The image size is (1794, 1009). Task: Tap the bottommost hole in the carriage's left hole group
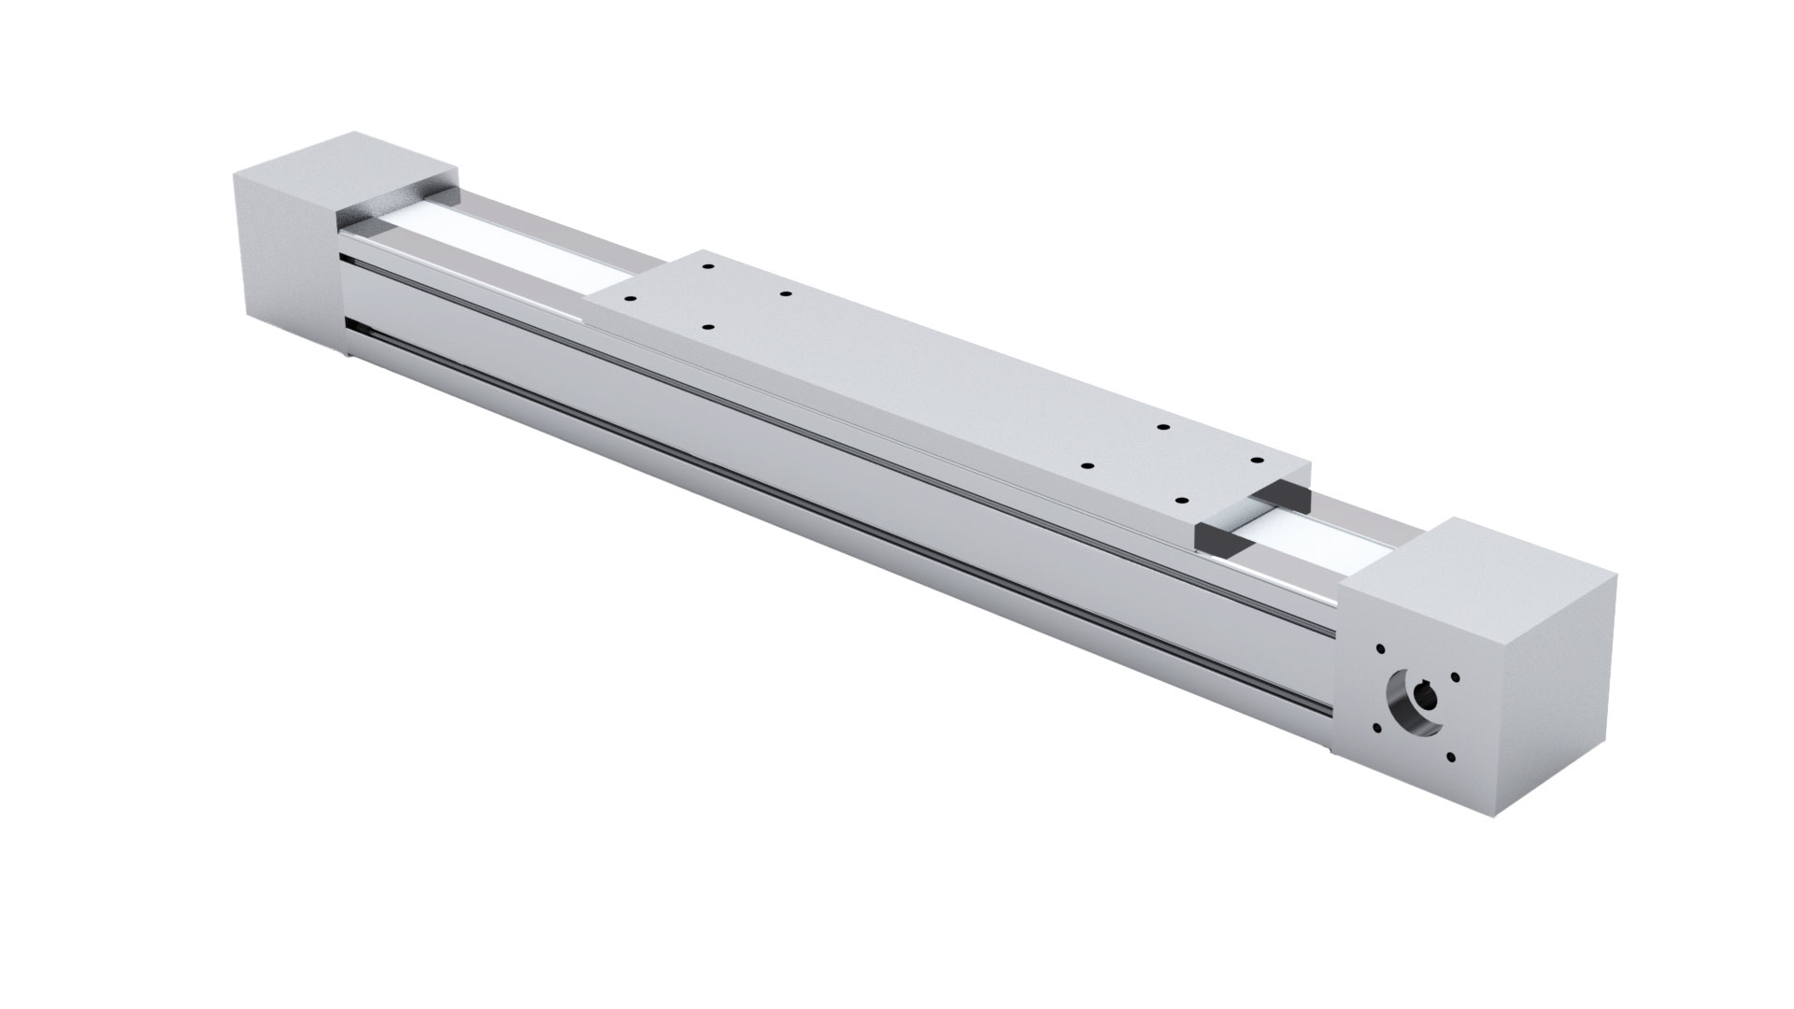click(x=706, y=329)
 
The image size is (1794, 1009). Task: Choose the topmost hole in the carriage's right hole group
click(x=1163, y=427)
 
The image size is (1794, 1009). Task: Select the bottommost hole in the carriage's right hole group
click(x=1181, y=502)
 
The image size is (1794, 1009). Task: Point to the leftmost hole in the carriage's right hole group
click(x=1087, y=464)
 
